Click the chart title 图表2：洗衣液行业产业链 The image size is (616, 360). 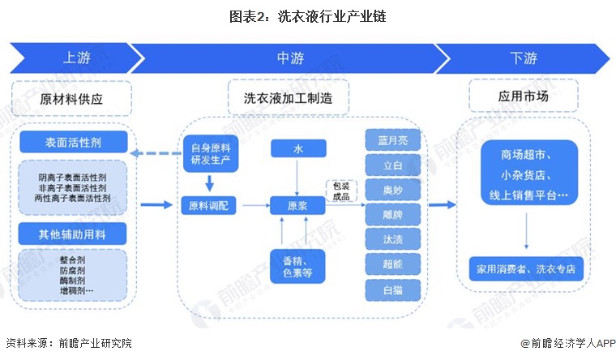click(309, 15)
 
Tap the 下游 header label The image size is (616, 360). click(524, 58)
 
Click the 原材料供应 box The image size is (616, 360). click(72, 99)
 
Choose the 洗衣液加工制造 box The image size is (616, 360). click(289, 99)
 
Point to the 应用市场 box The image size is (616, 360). click(523, 97)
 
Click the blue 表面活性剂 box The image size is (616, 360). click(74, 143)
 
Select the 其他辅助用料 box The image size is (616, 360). click(74, 234)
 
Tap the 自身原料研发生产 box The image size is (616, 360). click(208, 152)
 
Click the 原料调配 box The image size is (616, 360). click(208, 206)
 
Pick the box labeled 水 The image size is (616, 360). click(298, 148)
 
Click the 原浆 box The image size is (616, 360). click(298, 206)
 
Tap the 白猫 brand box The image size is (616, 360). click(392, 289)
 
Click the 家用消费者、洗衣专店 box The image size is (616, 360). click(526, 268)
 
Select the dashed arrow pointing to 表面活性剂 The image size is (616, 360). click(155, 152)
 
